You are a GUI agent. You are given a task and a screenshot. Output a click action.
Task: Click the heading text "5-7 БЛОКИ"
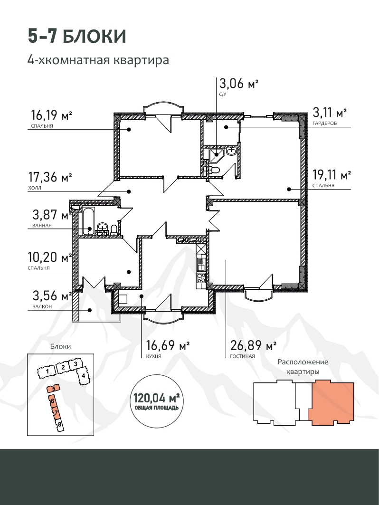[x=77, y=37]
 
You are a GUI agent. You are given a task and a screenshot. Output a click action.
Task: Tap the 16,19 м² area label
[x=51, y=114]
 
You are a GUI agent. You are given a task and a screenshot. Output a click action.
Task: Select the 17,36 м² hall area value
[x=50, y=177]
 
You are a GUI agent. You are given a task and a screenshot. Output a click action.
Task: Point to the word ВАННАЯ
[x=42, y=226]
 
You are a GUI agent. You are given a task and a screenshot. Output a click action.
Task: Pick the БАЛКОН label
[x=42, y=306]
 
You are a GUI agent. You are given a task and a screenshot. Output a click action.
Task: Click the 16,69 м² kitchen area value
[x=168, y=345]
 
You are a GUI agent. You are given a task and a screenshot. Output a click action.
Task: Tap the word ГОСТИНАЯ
[x=243, y=356]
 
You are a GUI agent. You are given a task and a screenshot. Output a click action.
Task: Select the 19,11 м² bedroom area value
[x=332, y=175]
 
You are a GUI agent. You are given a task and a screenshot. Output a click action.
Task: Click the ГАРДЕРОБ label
[x=324, y=124]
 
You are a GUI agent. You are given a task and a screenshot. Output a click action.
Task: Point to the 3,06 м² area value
[x=239, y=84]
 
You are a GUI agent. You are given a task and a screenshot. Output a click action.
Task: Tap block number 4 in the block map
[x=83, y=375]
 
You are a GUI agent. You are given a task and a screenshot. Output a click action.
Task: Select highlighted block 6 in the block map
[x=52, y=401]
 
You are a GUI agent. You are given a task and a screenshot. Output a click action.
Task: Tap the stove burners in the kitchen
[x=201, y=278]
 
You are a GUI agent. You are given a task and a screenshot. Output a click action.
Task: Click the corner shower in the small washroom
[x=215, y=156]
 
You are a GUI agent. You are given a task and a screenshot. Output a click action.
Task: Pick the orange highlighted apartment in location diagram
[x=331, y=403]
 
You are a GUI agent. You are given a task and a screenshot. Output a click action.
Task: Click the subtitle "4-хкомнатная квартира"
[x=98, y=60]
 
